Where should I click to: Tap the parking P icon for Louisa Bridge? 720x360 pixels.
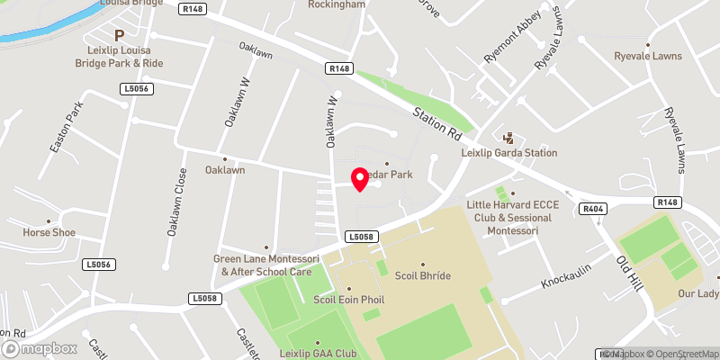click(x=118, y=34)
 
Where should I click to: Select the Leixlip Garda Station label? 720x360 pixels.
click(x=508, y=153)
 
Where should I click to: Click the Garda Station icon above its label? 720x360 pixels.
click(x=508, y=138)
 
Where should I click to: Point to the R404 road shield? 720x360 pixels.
click(x=592, y=209)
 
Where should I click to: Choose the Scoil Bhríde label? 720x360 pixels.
click(x=422, y=276)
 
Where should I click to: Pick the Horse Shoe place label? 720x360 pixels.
click(x=49, y=232)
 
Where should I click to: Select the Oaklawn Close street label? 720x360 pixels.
click(x=175, y=202)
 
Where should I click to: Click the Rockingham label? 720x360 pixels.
click(x=337, y=4)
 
